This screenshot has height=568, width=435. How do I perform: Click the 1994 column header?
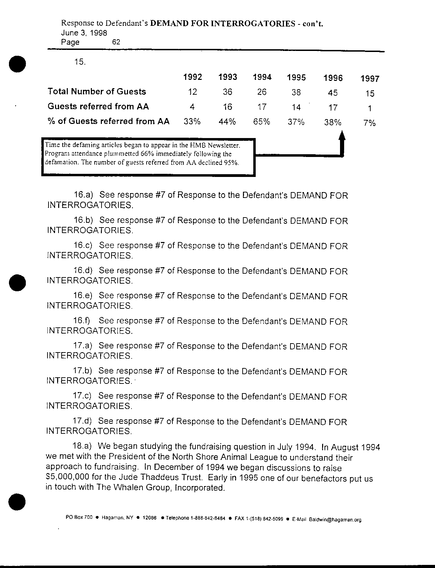click(x=262, y=77)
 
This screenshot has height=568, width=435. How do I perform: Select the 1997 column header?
click(x=370, y=79)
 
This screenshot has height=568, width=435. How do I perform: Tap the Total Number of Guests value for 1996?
click(x=333, y=93)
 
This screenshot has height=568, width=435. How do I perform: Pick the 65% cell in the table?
click(x=262, y=122)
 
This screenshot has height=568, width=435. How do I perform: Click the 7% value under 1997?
click(x=369, y=123)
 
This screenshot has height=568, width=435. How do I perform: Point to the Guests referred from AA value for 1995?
click(x=296, y=107)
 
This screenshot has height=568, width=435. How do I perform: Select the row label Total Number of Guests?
click(x=97, y=92)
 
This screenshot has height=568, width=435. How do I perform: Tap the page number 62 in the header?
click(x=116, y=42)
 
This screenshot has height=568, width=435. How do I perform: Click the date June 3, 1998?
click(x=84, y=33)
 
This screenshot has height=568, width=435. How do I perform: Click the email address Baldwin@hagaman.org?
click(x=335, y=520)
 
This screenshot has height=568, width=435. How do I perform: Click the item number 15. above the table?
click(x=79, y=62)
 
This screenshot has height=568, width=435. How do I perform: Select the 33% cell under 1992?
click(x=192, y=122)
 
